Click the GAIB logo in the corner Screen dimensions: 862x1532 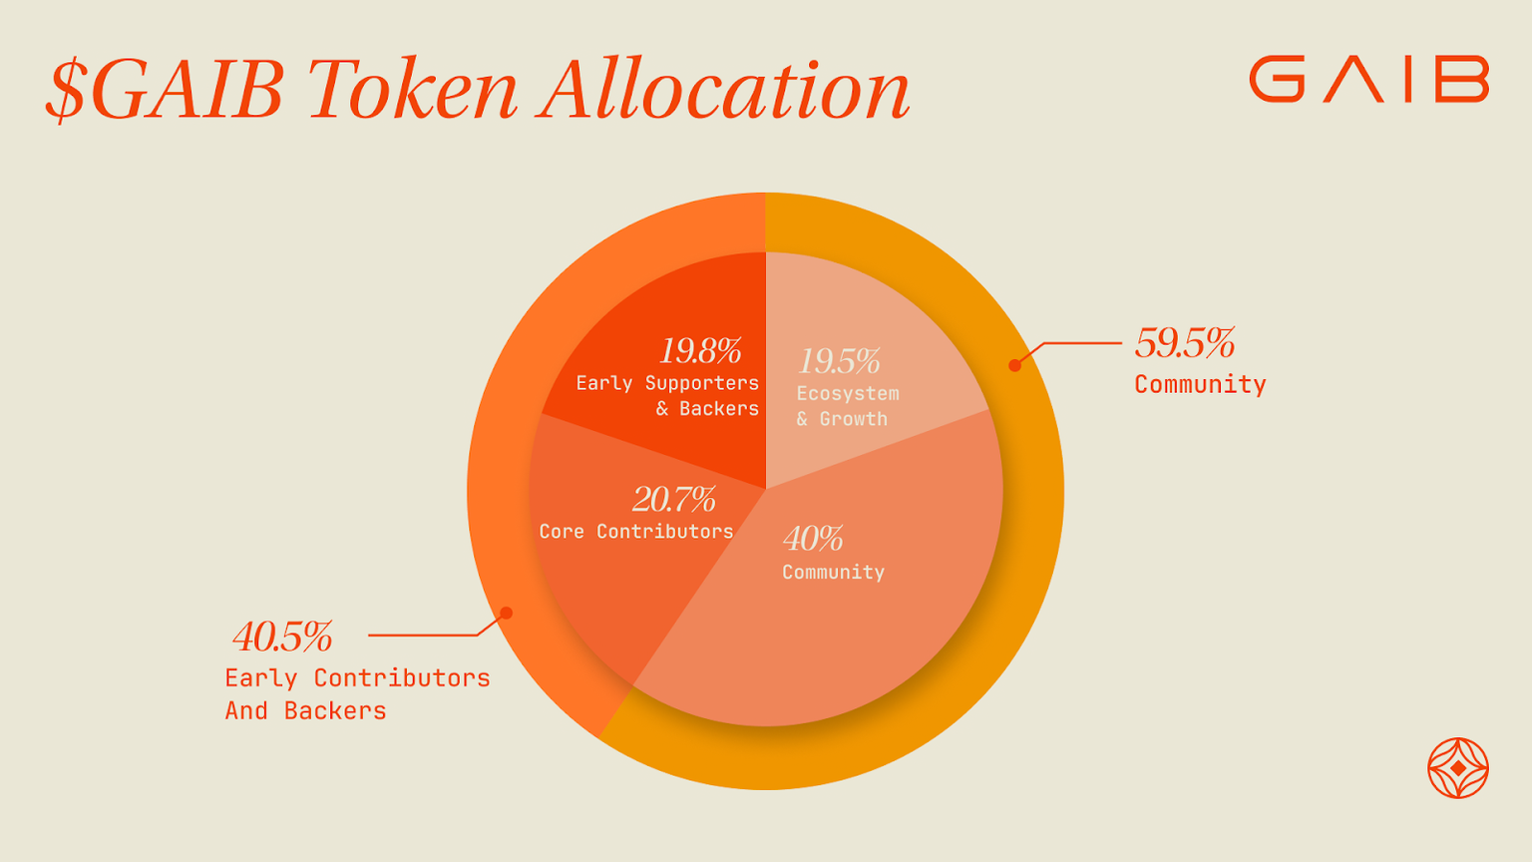1368,79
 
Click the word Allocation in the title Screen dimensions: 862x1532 724,90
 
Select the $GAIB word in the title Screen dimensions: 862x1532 166,90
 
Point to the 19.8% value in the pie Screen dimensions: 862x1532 700,351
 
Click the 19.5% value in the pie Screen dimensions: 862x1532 839,361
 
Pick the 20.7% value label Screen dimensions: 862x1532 674,499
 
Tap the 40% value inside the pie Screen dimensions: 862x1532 813,539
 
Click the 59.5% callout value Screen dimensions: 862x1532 1185,343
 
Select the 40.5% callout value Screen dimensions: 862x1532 282,637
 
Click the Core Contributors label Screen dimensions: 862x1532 636,532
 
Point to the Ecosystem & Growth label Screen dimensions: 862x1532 847,406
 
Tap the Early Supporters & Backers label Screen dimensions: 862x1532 667,395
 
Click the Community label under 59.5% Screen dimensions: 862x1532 1200,384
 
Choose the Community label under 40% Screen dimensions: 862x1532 833,572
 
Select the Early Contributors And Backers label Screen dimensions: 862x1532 357,693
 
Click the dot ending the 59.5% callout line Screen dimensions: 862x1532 1014,365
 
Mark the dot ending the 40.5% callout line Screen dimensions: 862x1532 506,613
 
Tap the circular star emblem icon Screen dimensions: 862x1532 1457,768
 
